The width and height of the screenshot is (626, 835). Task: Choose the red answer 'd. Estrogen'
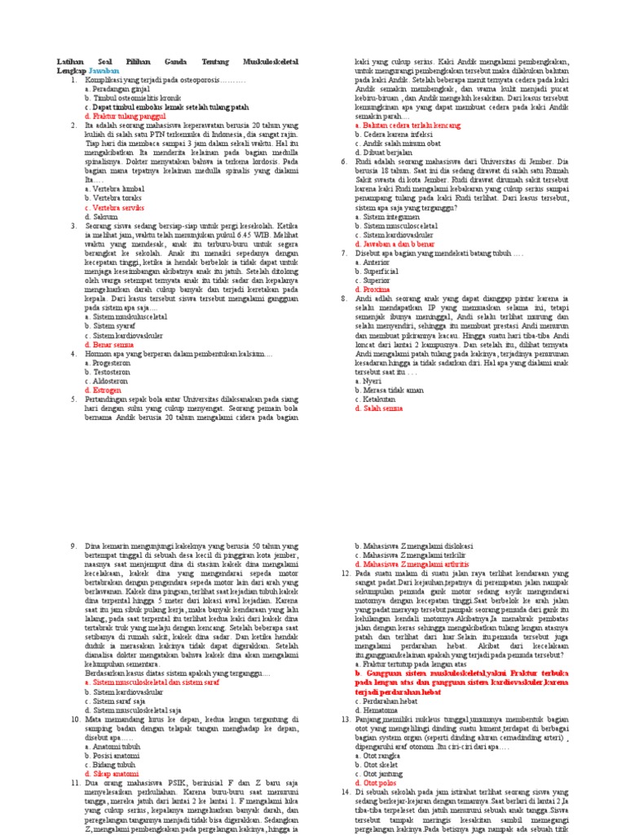pyautogui.click(x=103, y=390)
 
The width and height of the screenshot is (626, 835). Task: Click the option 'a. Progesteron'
pyautogui.click(x=108, y=363)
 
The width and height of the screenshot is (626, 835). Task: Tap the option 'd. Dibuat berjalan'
pyautogui.click(x=382, y=152)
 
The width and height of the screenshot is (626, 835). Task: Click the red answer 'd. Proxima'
pyautogui.click(x=373, y=289)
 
